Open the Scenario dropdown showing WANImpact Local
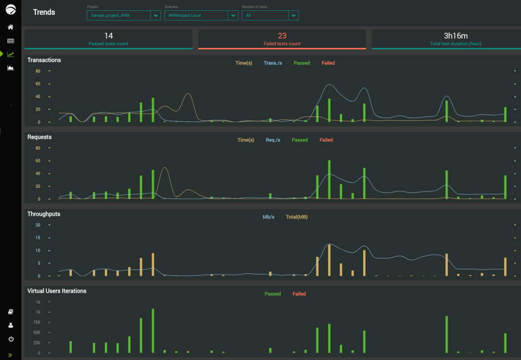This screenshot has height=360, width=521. pos(201,15)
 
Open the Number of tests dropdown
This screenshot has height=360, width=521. pos(270,15)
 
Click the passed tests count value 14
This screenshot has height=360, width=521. pos(108,36)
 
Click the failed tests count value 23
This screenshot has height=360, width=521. pos(282,36)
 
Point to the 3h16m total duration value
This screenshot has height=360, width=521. pos(455,36)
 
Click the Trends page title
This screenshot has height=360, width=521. pos(44,12)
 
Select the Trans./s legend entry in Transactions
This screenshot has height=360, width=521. pos(272,63)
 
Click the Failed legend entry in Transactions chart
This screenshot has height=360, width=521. pos(328,63)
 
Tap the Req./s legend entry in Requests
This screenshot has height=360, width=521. pos(272,140)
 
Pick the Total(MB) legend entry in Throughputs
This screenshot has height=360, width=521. pos(296,217)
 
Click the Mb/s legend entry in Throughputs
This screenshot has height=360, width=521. pos(268,217)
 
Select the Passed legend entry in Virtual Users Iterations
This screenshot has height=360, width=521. pos(272,294)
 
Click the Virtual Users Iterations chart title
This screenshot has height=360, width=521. pos(57,291)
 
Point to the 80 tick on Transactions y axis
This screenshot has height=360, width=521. pos(38,71)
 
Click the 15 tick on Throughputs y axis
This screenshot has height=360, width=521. pos(38,238)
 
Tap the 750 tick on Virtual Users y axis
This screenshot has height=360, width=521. pos(36,322)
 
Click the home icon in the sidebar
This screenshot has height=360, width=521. pos(10,27)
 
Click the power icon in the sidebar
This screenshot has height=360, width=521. pos(10,339)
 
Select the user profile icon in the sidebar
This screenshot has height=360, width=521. pos(10,325)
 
